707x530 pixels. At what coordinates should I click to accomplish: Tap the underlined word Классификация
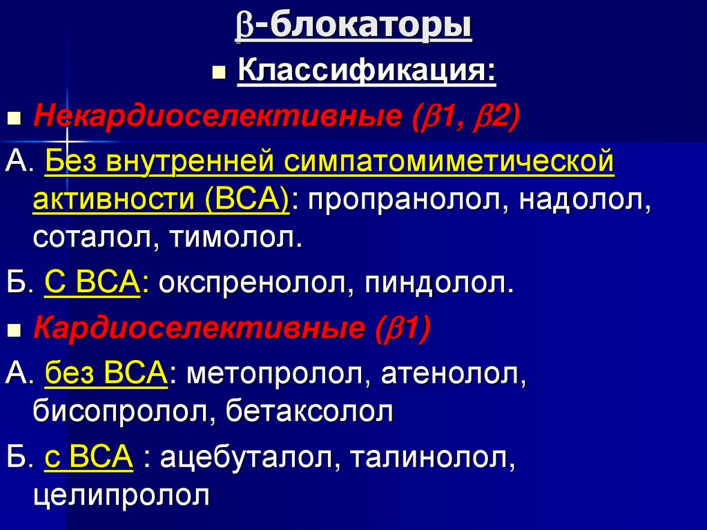point(366,71)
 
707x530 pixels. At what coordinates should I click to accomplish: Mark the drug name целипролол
point(121,495)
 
